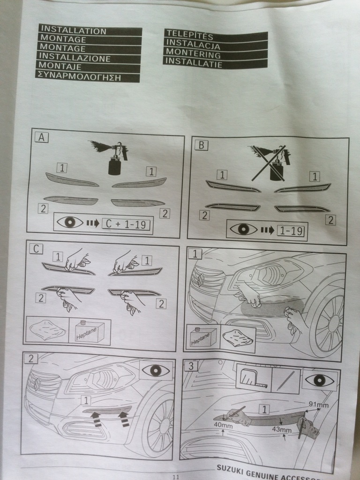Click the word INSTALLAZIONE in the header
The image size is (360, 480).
[75, 57]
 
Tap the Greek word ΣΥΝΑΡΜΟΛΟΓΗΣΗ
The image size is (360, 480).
[79, 76]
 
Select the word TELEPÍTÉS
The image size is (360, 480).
[189, 35]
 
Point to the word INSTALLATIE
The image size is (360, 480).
[194, 62]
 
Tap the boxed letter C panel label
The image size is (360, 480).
[36, 249]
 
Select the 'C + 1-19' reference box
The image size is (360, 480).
[126, 225]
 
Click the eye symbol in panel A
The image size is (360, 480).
[70, 223]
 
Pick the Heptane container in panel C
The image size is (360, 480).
[90, 331]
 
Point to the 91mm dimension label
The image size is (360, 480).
[318, 405]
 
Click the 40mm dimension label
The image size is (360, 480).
[223, 426]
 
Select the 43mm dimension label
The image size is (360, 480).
[281, 429]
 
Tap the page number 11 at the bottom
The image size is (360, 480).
[176, 477]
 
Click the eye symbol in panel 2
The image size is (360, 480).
[156, 370]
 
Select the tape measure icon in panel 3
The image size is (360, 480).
[254, 378]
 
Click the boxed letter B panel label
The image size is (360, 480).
[201, 145]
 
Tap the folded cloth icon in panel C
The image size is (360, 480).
[47, 330]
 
